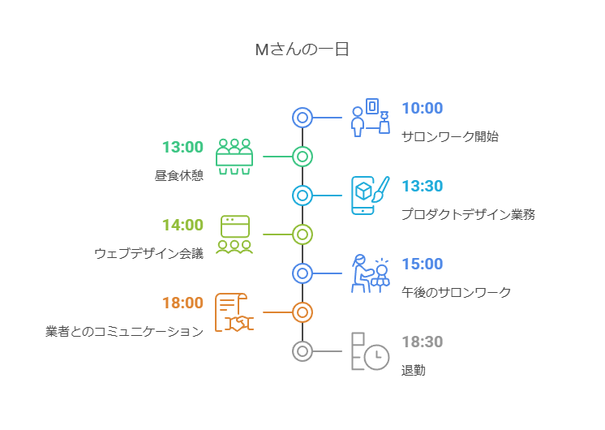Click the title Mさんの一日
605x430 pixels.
click(x=302, y=49)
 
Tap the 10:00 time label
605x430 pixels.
click(x=422, y=108)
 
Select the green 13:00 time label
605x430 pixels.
click(x=182, y=147)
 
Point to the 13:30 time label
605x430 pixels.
click(x=422, y=186)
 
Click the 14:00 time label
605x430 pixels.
click(x=182, y=225)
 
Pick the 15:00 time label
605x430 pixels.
click(x=422, y=264)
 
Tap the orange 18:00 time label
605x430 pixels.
click(x=182, y=303)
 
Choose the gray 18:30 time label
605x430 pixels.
click(x=422, y=342)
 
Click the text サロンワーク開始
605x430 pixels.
click(x=450, y=136)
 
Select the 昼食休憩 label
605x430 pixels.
click(x=179, y=175)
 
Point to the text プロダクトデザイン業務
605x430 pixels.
click(x=468, y=214)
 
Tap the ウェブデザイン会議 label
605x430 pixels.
click(x=148, y=254)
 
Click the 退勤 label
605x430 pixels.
click(x=414, y=370)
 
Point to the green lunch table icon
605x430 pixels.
click(x=234, y=157)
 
